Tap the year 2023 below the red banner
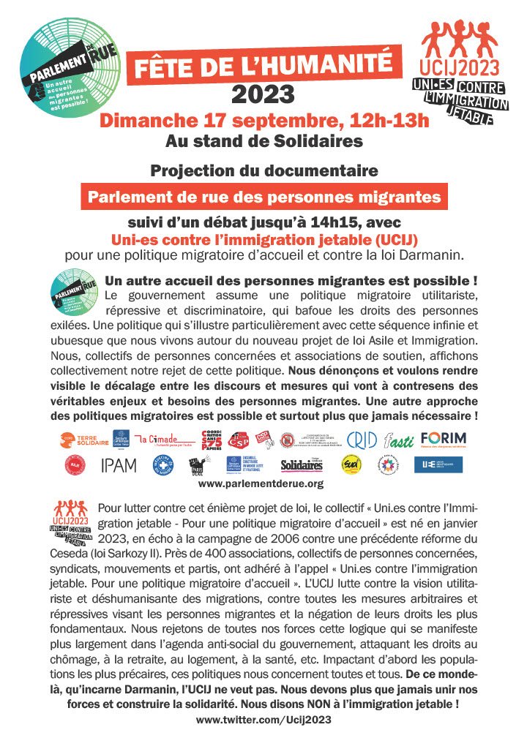(263, 94)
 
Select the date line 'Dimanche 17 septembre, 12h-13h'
(263, 120)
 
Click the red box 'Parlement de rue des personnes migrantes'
(263, 197)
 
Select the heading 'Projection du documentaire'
(263, 170)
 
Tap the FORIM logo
(444, 438)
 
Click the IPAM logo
(119, 464)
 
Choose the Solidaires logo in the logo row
(301, 465)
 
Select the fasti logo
(397, 438)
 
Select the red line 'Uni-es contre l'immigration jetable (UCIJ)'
(263, 239)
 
